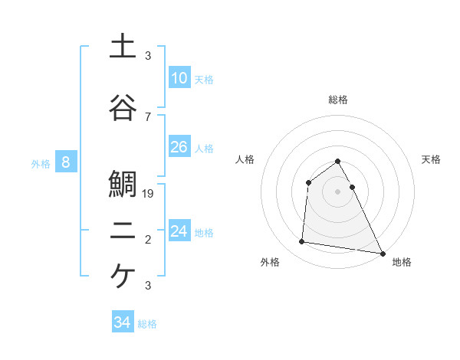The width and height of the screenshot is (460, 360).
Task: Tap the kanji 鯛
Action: pos(123,185)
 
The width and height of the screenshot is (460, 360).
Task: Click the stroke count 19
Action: pos(149,194)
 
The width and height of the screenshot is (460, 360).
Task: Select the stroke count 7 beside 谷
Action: pos(148,117)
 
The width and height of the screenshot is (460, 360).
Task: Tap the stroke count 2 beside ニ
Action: pos(148,240)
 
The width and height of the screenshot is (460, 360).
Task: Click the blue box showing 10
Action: pos(179,77)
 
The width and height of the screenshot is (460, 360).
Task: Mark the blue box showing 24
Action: pos(179,231)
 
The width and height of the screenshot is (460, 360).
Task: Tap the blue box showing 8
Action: pos(66,162)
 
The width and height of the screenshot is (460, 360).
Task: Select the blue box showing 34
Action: pos(122,322)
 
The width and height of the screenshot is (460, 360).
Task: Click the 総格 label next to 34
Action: pos(147,324)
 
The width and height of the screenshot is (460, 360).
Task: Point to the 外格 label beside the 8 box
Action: pos(41,163)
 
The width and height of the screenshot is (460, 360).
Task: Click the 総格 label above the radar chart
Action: pos(337,100)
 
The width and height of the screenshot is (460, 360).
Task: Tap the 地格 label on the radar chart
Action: pos(402,262)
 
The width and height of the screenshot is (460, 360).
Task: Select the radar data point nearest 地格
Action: pos(382,252)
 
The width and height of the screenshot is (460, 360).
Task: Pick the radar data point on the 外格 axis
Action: pos(302,242)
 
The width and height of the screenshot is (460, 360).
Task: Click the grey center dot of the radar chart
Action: pos(337,191)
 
